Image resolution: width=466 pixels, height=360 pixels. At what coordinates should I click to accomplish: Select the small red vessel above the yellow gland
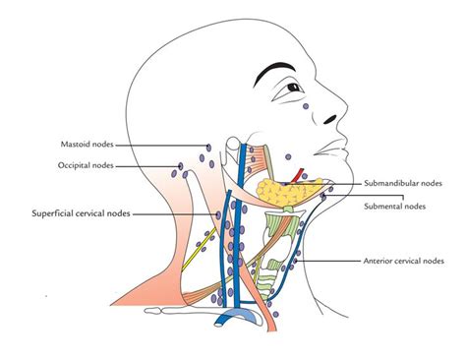(299, 176)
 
